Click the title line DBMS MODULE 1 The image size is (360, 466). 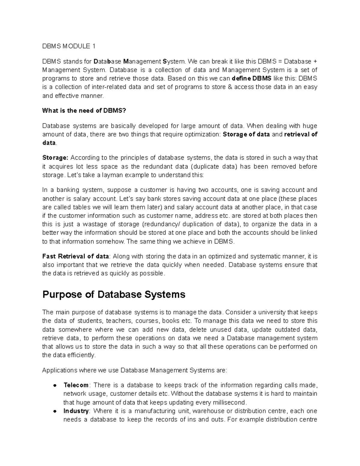pyautogui.click(x=69, y=46)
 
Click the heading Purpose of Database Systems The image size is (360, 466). pyautogui.click(x=114, y=294)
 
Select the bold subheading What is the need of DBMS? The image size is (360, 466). pyautogui.click(x=84, y=111)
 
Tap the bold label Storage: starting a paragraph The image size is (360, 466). pyautogui.click(x=55, y=158)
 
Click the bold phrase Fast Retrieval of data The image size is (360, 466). pyautogui.click(x=76, y=257)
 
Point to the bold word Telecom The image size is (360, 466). pyautogui.click(x=76, y=385)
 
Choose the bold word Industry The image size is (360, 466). pyautogui.click(x=76, y=411)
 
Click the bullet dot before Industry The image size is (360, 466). pyautogui.click(x=55, y=411)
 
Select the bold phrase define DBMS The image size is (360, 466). pyautogui.click(x=252, y=79)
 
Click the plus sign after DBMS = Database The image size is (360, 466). pyautogui.click(x=315, y=62)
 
